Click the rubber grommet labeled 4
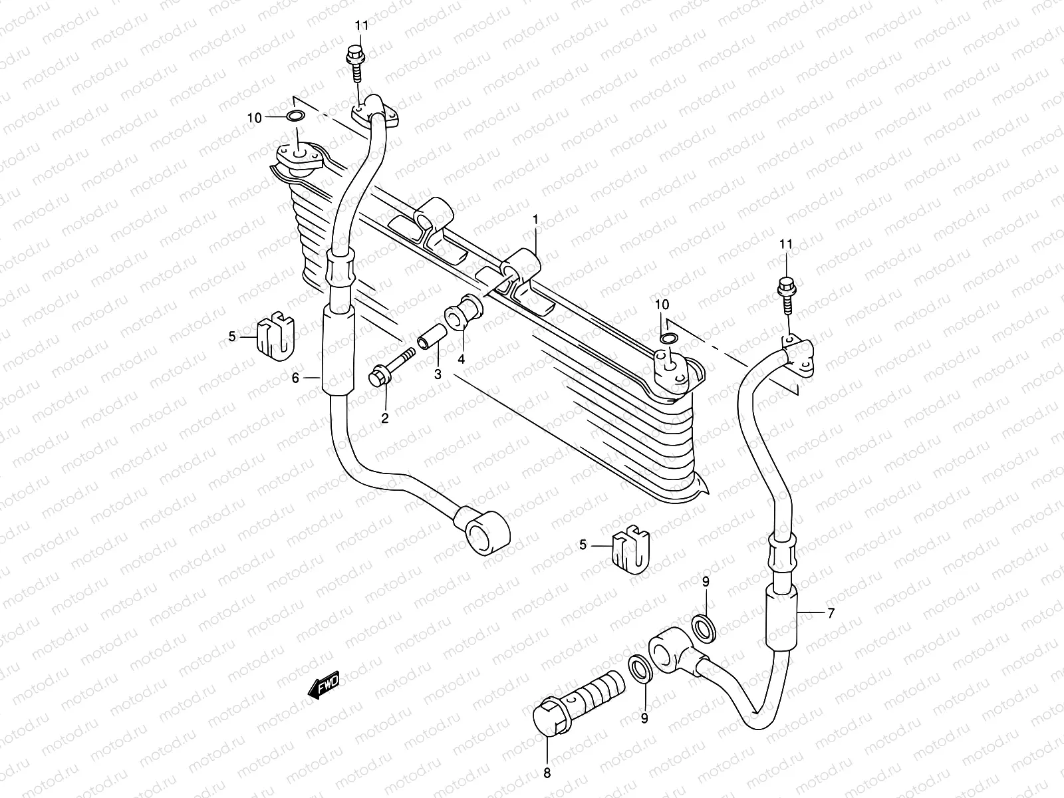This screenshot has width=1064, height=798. (x=464, y=311)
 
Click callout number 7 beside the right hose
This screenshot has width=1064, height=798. (x=829, y=613)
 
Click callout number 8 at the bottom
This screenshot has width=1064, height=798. (x=547, y=773)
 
